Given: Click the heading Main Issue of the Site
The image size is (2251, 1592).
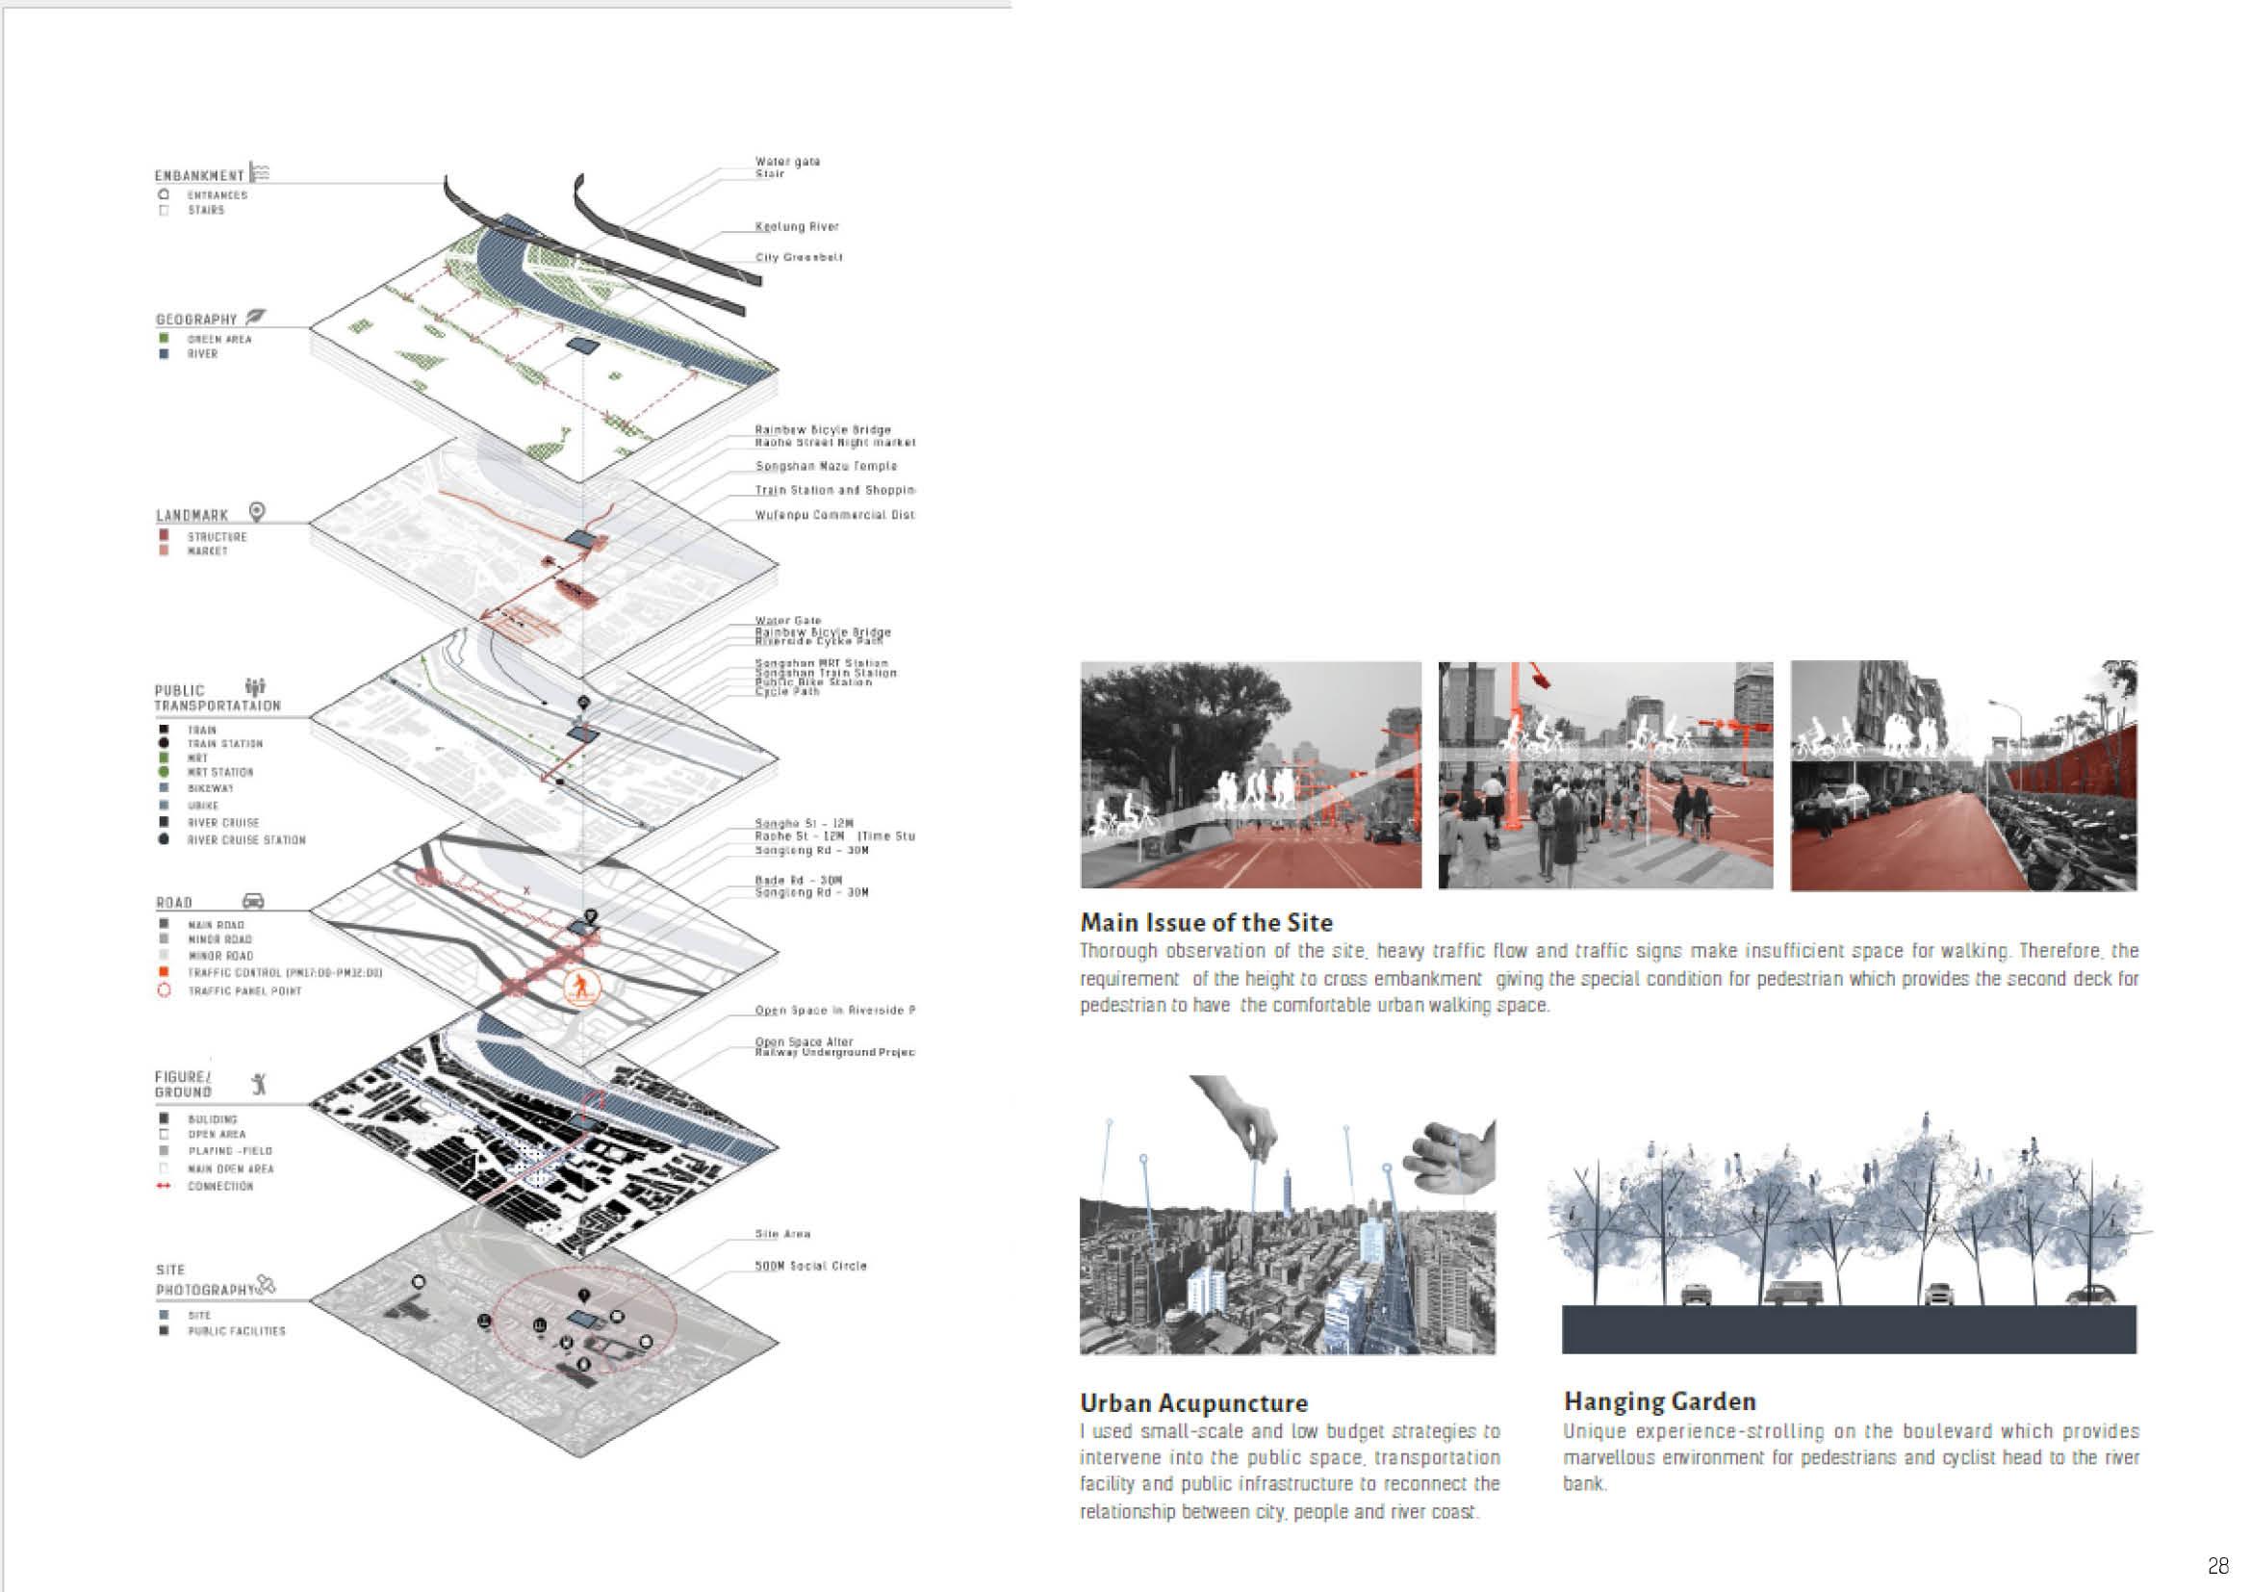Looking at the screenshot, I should tap(1206, 922).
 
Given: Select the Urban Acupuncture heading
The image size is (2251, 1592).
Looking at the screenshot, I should tap(1193, 1402).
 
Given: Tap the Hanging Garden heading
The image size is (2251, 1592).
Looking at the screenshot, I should tap(1659, 1401).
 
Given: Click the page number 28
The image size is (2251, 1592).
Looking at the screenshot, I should tap(2217, 1566).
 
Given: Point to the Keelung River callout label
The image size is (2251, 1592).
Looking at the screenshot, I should tap(796, 226).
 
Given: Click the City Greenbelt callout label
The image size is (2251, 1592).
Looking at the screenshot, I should tap(798, 258).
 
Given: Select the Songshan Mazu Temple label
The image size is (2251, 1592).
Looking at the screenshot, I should tap(826, 467).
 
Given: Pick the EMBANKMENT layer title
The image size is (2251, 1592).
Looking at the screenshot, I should tap(199, 176).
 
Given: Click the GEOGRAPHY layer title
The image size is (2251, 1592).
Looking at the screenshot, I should tap(196, 320).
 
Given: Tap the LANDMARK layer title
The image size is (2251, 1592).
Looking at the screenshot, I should tap(192, 516).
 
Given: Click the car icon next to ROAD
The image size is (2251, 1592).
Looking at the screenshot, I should tap(252, 901).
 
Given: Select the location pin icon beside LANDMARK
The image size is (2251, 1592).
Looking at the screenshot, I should tap(257, 512).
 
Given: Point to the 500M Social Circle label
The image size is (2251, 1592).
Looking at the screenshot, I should tap(809, 1266).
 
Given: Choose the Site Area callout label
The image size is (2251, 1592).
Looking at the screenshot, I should tap(782, 1234).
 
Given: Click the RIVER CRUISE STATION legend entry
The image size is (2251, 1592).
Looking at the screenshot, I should tap(246, 840).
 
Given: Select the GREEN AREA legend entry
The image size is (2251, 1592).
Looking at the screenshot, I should tap(219, 339).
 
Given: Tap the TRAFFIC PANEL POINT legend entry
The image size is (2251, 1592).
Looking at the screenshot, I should tap(244, 991).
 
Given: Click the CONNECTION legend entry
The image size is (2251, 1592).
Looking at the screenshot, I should tap(220, 1186).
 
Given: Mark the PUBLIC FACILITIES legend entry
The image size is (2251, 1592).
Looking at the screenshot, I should tap(237, 1331).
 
